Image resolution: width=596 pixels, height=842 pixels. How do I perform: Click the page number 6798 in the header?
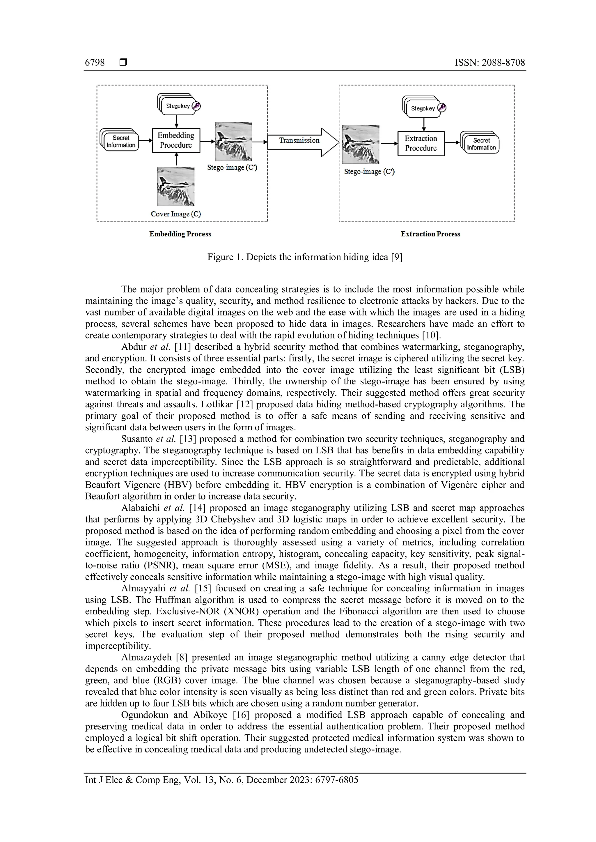(95, 63)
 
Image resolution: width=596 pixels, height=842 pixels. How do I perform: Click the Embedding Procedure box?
(176, 140)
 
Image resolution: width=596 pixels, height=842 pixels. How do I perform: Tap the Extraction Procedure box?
(421, 143)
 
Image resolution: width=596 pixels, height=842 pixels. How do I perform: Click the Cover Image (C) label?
(176, 214)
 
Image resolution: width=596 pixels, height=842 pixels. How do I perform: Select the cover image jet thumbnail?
(176, 186)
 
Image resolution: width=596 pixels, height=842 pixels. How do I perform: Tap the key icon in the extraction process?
(442, 108)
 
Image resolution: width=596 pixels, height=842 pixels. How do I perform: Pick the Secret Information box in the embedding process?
(121, 142)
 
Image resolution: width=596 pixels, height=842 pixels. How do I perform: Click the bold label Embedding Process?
(180, 234)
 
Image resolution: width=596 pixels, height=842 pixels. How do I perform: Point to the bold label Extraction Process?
(430, 234)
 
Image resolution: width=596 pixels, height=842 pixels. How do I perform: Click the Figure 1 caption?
(305, 257)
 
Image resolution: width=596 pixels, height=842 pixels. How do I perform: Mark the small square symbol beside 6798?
(123, 63)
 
